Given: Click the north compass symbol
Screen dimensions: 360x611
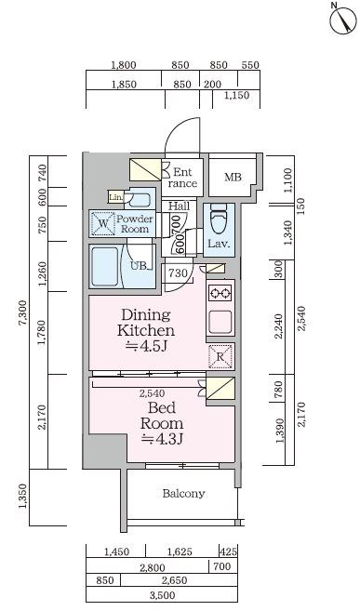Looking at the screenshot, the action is [343, 20].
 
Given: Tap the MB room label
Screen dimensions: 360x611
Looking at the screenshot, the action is [233, 178].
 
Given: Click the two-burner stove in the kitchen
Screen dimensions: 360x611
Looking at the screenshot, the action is [220, 293].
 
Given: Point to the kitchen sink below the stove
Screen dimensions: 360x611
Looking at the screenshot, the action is [220, 321].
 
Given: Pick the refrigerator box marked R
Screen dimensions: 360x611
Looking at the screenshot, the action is [220, 356].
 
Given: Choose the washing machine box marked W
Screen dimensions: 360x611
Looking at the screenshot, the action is [103, 224].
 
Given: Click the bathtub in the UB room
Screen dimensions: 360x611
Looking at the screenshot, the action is [104, 266].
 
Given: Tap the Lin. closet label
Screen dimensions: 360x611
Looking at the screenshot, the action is [115, 197].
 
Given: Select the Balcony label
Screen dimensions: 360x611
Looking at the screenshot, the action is [183, 493].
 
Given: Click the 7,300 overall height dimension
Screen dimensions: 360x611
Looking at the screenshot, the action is [24, 312].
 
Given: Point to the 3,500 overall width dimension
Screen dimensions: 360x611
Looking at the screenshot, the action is [162, 595].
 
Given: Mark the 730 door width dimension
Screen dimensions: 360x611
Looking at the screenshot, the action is [178, 273].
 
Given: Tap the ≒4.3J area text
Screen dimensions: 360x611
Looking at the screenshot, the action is [162, 439].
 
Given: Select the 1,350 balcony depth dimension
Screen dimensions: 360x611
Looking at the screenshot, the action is [22, 497].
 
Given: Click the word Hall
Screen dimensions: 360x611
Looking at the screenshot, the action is [180, 206].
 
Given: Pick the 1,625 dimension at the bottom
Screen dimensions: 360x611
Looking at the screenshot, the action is [180, 551].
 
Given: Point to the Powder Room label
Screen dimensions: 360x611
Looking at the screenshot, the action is [134, 224].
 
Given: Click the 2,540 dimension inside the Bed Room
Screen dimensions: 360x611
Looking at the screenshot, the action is [152, 393].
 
